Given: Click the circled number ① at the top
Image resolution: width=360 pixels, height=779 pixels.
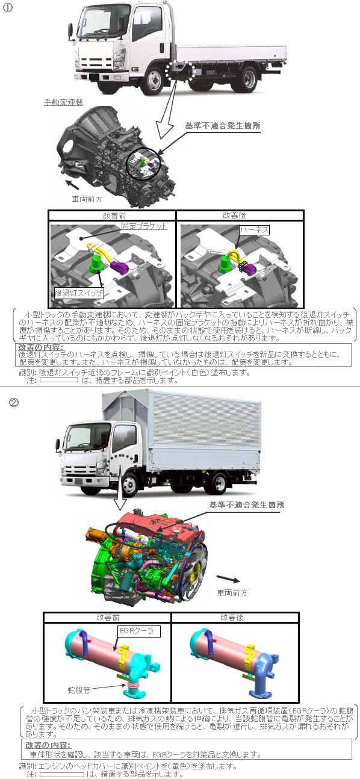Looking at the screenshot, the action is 7,8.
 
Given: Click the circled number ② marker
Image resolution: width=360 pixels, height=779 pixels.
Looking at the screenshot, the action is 14,402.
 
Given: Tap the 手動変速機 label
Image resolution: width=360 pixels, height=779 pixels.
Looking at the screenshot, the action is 64,102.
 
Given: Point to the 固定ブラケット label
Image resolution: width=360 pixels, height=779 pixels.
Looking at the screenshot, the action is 144,226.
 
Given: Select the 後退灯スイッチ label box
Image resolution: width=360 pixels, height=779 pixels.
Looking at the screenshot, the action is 79,293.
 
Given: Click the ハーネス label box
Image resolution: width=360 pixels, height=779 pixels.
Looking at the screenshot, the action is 254,230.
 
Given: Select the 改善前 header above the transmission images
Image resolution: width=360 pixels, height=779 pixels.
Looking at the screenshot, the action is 114,216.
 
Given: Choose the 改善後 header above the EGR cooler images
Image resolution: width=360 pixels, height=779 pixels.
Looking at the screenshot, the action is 232,617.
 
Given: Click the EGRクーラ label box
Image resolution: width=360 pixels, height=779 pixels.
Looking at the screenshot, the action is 138,631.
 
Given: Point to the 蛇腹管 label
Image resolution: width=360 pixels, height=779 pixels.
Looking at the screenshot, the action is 79,691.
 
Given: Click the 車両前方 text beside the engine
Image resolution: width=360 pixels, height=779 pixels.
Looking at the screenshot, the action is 232,592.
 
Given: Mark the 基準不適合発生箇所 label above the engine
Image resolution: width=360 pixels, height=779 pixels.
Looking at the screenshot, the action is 247,505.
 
